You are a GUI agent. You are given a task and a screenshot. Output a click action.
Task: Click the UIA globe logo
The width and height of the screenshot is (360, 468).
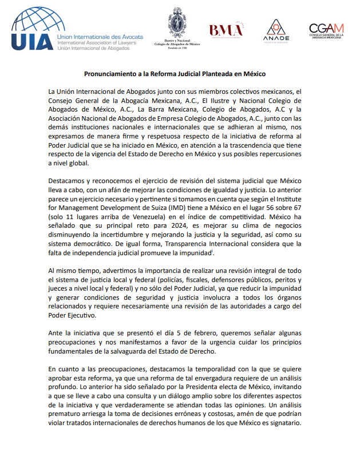(x=33, y=23)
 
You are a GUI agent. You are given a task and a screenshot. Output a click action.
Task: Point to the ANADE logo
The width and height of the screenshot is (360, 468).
(x=276, y=30)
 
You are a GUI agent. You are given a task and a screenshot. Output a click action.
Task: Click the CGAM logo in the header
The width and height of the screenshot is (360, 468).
(x=326, y=30)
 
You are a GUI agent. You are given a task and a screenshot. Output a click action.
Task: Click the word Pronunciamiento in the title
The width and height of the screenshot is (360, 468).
(x=112, y=74)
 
